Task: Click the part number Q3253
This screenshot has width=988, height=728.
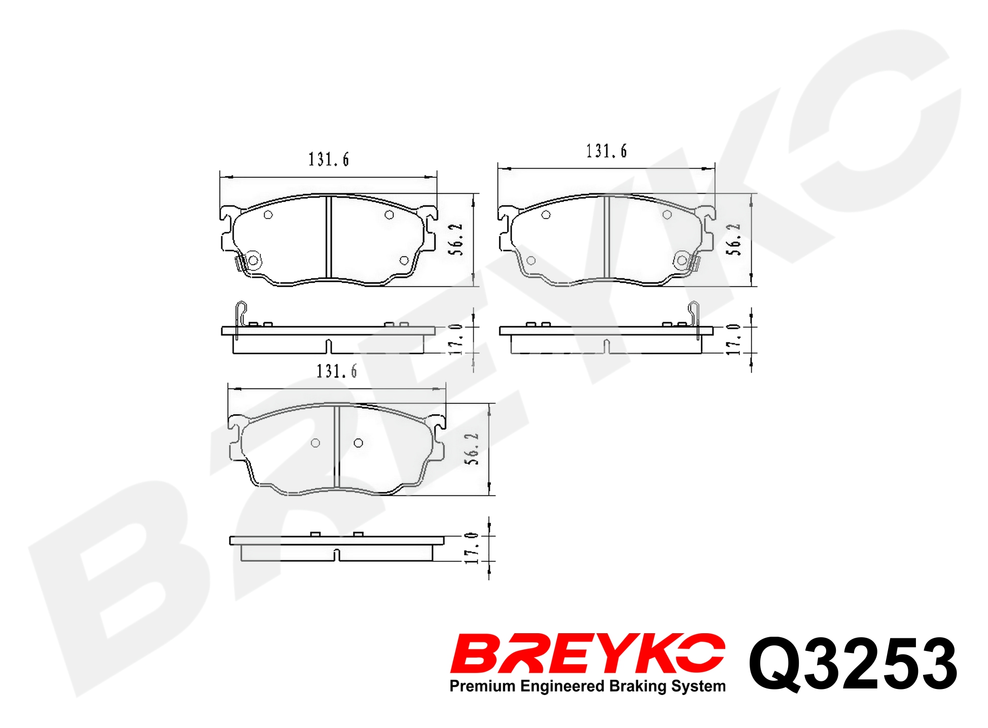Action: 853,665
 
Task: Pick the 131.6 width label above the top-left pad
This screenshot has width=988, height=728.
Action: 329,160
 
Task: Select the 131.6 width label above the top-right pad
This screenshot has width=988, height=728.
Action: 607,151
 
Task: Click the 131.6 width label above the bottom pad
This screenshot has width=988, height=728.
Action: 337,371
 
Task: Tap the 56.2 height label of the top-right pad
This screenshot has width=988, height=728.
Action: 733,239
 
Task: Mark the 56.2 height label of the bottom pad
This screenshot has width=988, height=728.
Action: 472,449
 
